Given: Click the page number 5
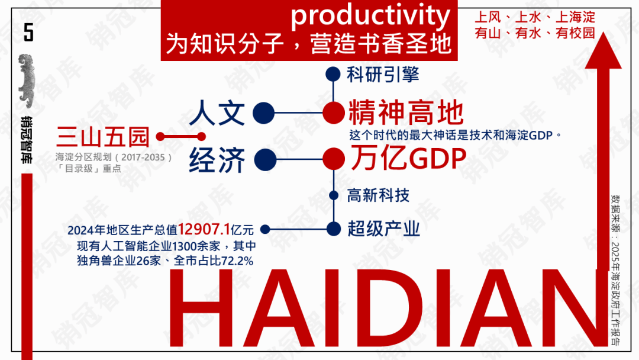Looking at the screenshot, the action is pos(28,32).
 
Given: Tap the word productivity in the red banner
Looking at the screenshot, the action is pos(370,15).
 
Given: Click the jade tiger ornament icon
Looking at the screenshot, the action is pos(27,81).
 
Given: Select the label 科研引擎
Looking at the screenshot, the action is pos(383,75).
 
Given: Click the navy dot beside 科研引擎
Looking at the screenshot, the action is pos(333,74).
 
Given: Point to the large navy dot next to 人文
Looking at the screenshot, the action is pos(264,113).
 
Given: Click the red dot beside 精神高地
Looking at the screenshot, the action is pos(334,113).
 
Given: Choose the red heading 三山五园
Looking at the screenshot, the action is pos(103,137).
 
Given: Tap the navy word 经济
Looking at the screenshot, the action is pos(217,160).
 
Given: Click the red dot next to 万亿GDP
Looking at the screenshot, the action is pos(334,159).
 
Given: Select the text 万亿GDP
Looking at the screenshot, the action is pos(408,157).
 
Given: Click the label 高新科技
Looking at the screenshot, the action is pos(378,196).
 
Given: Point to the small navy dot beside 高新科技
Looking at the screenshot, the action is pos(334,196).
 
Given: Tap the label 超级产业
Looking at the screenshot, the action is pos(383,229).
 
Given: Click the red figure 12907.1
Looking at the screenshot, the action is pos(204,230).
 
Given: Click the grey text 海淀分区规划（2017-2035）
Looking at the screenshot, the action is pos(114,157).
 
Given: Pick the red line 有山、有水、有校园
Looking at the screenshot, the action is pos(535,33).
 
